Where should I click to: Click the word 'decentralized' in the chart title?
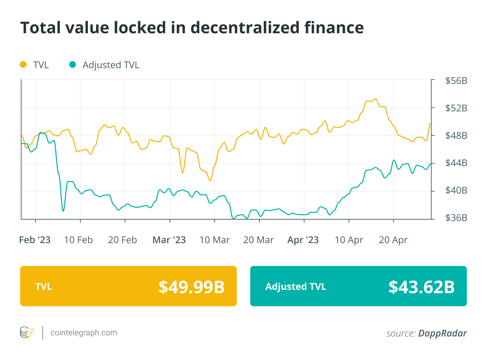[245, 28]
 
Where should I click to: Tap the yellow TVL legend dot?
[23, 64]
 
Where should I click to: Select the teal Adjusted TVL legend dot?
[73, 64]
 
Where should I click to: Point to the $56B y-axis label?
[456, 81]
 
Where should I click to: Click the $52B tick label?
[456, 108]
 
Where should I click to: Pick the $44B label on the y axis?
[456, 163]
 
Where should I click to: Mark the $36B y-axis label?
[456, 218]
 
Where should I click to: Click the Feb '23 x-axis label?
[35, 240]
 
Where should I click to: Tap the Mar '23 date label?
[169, 240]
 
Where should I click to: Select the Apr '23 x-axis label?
[303, 240]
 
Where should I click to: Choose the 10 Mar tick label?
[214, 240]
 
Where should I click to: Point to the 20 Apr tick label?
[393, 240]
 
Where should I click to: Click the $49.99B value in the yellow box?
[191, 287]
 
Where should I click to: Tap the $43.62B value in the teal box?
[422, 287]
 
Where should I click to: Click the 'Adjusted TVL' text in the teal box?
[296, 286]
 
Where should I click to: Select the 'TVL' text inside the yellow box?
[44, 286]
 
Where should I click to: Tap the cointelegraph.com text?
[84, 333]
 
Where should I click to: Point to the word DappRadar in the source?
[442, 333]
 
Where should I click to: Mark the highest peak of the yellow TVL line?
[375, 99]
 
